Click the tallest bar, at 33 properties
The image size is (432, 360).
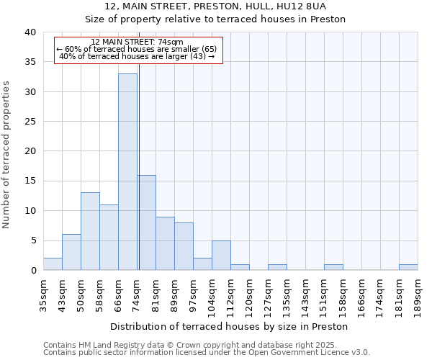coord(127,172)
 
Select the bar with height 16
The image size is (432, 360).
coord(146,222)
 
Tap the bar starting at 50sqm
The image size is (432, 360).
coord(90,231)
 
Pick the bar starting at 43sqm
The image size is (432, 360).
coord(71,252)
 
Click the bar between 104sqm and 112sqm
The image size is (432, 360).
coord(221,255)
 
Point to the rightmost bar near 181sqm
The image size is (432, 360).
coord(408,267)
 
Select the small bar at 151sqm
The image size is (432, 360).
coord(333,267)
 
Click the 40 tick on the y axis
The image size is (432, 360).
coord(30,32)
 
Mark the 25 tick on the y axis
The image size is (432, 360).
coord(30,122)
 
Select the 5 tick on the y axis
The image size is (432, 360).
coord(32,240)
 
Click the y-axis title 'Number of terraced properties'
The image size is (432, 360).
coord(6,155)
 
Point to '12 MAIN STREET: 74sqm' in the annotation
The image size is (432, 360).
coord(137,42)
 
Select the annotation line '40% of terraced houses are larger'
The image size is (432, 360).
coord(137,56)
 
